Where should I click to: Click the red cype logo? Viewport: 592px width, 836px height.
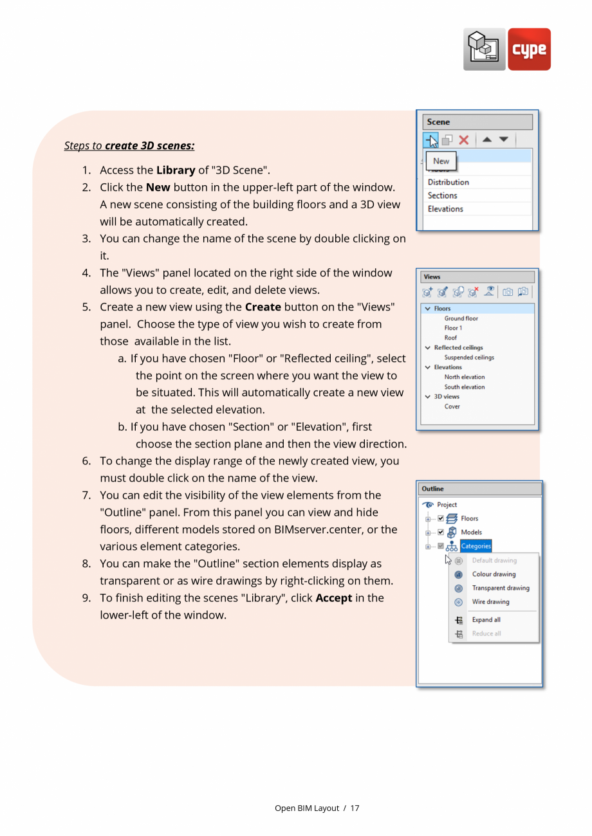coord(529,50)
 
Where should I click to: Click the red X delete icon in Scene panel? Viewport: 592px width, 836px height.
coord(463,140)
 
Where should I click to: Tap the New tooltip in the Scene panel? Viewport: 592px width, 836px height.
coord(441,161)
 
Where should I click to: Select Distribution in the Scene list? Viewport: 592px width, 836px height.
coord(448,182)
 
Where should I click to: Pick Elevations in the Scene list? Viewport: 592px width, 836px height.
coord(445,209)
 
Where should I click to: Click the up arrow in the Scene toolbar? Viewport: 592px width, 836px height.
coord(487,140)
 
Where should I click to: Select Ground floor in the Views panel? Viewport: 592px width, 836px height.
coord(461,318)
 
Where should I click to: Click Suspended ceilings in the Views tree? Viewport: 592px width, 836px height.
coord(468,358)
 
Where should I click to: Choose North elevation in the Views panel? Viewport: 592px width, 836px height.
coord(464,377)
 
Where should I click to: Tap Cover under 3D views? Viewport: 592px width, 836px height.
coord(452,407)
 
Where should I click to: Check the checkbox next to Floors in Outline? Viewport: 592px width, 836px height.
coord(441,518)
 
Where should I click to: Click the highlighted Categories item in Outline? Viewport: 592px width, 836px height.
coord(476,546)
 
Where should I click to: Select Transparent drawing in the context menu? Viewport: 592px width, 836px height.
coord(500,588)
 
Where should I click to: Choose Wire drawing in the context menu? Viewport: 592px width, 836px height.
coord(490,602)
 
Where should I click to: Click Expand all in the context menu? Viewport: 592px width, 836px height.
coord(486,620)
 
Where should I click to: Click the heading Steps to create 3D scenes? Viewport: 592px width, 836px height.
coord(129,146)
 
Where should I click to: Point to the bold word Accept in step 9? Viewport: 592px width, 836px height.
coord(333,598)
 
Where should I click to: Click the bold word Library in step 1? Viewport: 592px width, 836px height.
coord(176,170)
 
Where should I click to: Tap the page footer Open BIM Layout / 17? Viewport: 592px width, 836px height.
coord(317,808)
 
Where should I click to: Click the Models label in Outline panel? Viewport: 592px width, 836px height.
coord(471,532)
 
